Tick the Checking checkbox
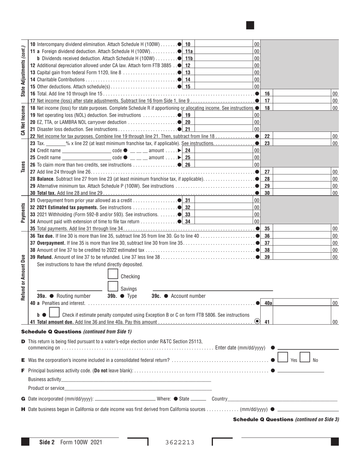[x=113, y=274]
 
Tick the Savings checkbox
[x=113, y=286]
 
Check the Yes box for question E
[x=282, y=357]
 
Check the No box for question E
[x=305, y=357]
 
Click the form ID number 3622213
[x=180, y=442]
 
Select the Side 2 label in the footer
[x=47, y=442]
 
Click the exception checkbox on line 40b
[x=54, y=313]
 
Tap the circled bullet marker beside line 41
[x=257, y=321]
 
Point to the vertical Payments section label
[x=23, y=213]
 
